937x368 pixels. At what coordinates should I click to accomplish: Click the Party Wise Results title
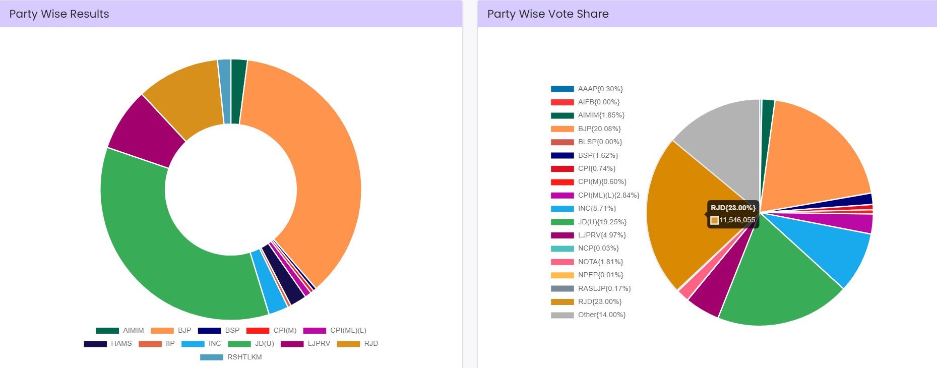pyautogui.click(x=59, y=14)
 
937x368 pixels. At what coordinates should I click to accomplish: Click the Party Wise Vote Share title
pyautogui.click(x=547, y=14)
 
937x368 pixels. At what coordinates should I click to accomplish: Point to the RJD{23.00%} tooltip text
pyautogui.click(x=733, y=208)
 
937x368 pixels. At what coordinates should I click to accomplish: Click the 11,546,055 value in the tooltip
pyautogui.click(x=737, y=220)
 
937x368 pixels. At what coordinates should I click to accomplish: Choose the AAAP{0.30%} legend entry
pyautogui.click(x=600, y=89)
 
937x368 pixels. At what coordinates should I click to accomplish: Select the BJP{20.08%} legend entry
pyautogui.click(x=599, y=129)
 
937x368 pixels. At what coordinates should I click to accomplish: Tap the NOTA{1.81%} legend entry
pyautogui.click(x=600, y=262)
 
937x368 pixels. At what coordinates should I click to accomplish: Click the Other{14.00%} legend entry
pyautogui.click(x=601, y=315)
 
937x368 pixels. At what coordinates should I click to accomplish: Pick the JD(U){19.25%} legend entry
pyautogui.click(x=602, y=222)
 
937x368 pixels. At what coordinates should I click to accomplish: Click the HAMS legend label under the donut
pyautogui.click(x=121, y=344)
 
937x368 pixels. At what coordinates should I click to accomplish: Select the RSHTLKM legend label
pyautogui.click(x=244, y=357)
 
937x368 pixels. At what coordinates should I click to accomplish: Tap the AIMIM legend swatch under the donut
pyautogui.click(x=107, y=331)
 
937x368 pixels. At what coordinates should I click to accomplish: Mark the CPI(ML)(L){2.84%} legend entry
pyautogui.click(x=608, y=196)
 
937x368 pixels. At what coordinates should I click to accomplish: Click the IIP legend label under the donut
pyautogui.click(x=170, y=344)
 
